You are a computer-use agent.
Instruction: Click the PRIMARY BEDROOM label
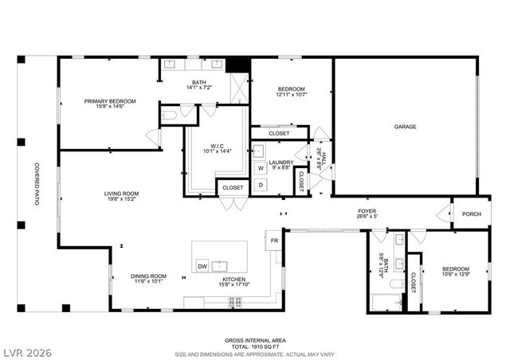tap(111, 101)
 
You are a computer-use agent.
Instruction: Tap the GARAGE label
tap(406, 127)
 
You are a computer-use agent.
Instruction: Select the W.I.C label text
tap(216, 145)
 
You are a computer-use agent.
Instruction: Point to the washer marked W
tap(261, 168)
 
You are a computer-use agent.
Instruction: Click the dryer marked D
tap(261, 186)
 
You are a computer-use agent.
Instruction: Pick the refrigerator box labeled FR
tap(273, 240)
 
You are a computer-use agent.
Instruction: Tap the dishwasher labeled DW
tap(202, 266)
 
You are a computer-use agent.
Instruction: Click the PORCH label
tap(471, 213)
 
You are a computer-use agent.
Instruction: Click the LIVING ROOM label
tap(121, 194)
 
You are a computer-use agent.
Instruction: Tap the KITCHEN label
tap(233, 279)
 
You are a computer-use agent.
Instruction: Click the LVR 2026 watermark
tap(25, 350)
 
